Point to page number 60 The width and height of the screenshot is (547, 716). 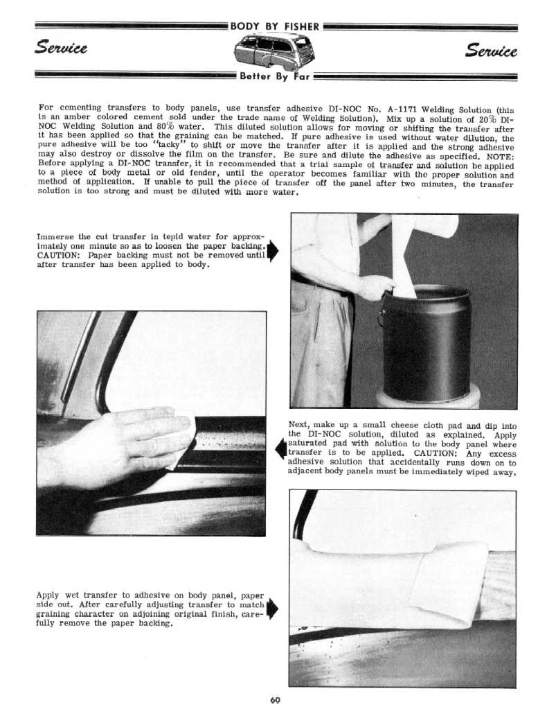[x=274, y=699]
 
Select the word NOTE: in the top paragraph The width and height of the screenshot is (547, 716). [x=497, y=157]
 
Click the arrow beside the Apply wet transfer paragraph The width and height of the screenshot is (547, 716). [x=272, y=608]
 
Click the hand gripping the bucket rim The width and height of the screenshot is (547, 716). [x=375, y=286]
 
